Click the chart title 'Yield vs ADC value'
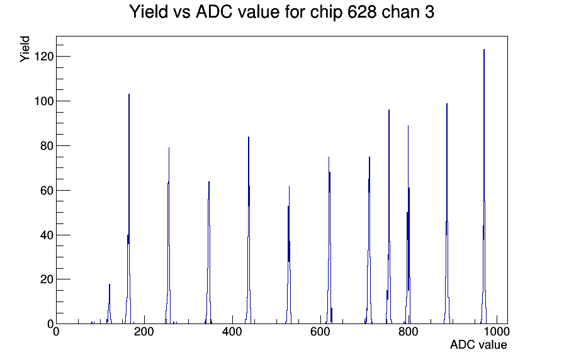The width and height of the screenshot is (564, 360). tap(205, 11)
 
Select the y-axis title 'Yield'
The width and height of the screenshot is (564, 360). tap(25, 49)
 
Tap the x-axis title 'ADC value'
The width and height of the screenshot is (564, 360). tap(478, 344)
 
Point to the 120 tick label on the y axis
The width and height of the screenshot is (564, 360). tap(43, 57)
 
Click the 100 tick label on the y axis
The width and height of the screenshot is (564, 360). tap(43, 101)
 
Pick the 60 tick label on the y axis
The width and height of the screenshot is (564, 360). tap(47, 190)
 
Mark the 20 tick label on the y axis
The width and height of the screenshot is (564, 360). tap(47, 279)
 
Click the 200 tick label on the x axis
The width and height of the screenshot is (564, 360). tap(144, 331)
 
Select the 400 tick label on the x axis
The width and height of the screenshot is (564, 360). tap(232, 331)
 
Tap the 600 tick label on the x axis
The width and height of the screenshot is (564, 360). tap(320, 331)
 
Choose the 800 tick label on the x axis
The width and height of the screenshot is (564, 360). tap(409, 331)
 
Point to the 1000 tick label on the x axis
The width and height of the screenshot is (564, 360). tap(497, 331)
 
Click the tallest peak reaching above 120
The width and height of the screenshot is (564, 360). tap(484, 50)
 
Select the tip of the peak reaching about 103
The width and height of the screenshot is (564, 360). tap(129, 94)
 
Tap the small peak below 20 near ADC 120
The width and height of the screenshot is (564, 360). tap(110, 284)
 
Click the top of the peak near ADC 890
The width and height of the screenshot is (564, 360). tap(447, 104)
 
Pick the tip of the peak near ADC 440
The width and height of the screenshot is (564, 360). tap(248, 137)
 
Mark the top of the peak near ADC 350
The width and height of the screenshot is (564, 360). tap(208, 182)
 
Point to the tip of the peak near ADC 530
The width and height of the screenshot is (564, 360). tap(289, 186)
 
